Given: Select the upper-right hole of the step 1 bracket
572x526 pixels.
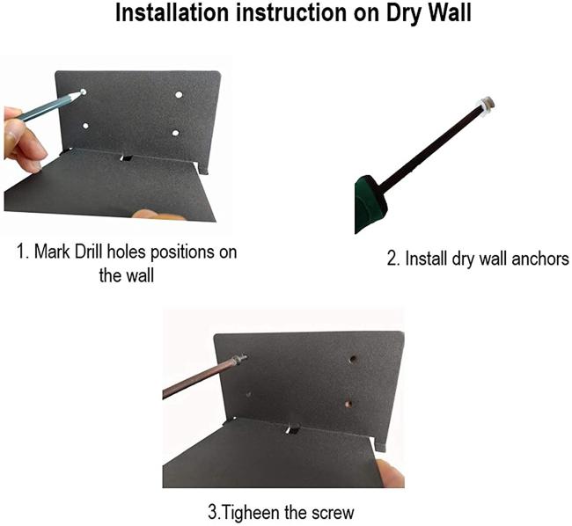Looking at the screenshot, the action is click(179, 95).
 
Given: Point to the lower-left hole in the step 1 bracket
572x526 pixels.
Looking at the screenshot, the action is click(85, 126).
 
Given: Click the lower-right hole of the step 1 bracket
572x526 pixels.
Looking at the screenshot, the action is click(175, 133).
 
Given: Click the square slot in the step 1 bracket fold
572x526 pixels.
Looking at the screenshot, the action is click(126, 159).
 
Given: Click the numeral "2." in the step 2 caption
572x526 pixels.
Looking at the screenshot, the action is click(393, 259).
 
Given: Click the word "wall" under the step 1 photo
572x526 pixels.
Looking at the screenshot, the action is click(140, 275).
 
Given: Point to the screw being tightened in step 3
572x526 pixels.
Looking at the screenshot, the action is click(240, 359).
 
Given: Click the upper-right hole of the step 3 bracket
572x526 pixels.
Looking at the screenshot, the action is click(353, 360).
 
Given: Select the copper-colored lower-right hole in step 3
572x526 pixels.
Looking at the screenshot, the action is click(349, 405).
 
